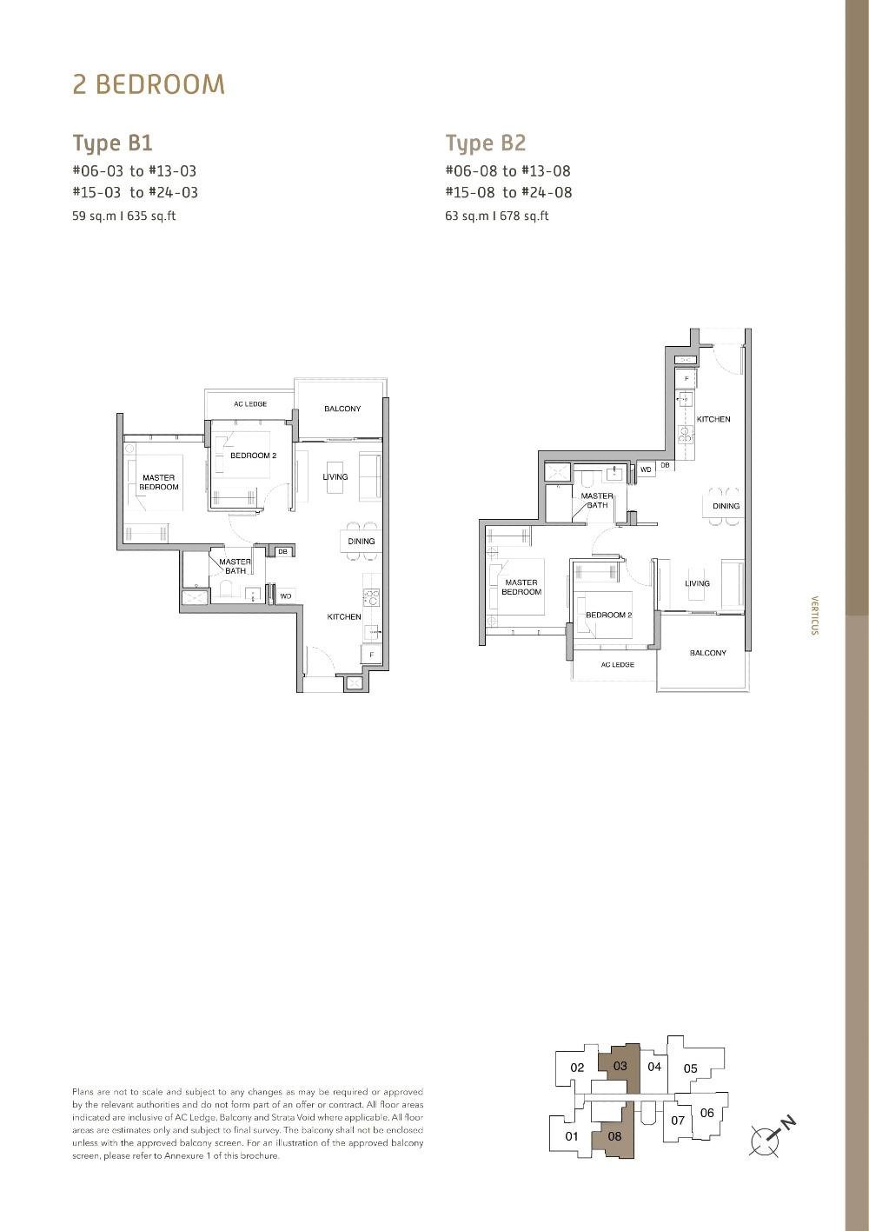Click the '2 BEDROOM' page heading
pos(149,84)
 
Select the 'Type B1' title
pos(112,143)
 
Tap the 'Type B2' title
pos(486,143)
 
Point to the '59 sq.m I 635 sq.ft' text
pos(123,216)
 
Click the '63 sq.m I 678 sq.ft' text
pos(496,216)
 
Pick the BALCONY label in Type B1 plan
pos(342,409)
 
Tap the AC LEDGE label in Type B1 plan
pos(250,403)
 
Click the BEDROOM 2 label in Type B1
pos(253,456)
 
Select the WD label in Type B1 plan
pos(285,596)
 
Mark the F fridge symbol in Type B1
pos(371,655)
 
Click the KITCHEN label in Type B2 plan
pos(713,419)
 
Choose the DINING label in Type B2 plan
pos(726,506)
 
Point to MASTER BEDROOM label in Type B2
pos(521,587)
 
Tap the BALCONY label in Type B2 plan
pos(707,653)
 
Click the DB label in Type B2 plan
pos(665,466)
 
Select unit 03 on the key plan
pos(620,1066)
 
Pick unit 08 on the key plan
pos(614,1135)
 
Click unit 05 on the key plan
pos(690,1068)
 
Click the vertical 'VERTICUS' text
pos(814,615)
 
